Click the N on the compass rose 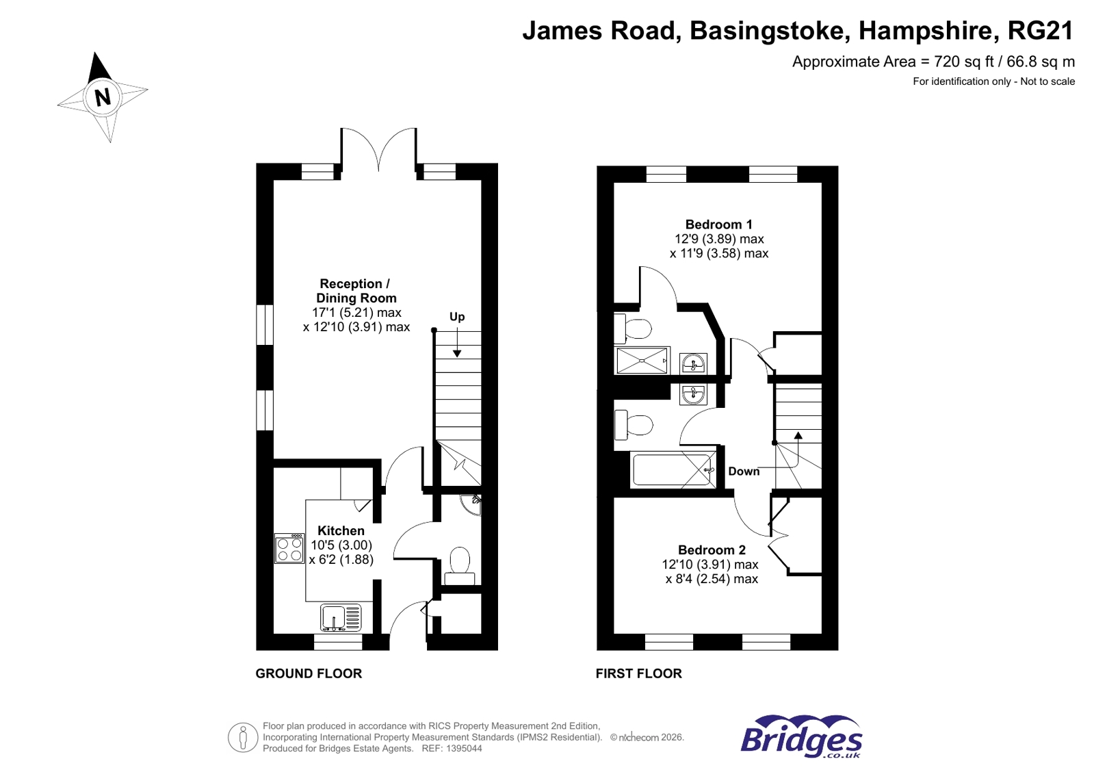click(x=103, y=96)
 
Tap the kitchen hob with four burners click(x=289, y=548)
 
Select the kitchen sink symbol click(x=341, y=617)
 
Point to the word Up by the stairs click(x=457, y=316)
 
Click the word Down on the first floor click(x=744, y=471)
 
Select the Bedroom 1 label click(x=718, y=224)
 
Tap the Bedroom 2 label click(x=712, y=550)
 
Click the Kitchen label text click(x=341, y=530)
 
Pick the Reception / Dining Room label click(x=356, y=291)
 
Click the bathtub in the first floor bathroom click(x=673, y=470)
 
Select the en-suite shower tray click(x=642, y=361)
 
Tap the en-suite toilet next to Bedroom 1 click(x=632, y=329)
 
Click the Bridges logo click(x=801, y=736)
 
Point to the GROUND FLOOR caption click(x=309, y=673)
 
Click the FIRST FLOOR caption click(x=638, y=673)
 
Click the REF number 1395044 click(x=464, y=749)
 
